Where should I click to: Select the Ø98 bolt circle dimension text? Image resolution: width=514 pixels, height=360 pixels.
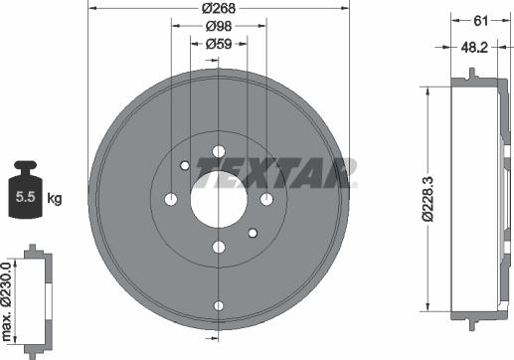[219, 27]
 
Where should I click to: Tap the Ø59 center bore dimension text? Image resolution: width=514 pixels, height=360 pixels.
[219, 44]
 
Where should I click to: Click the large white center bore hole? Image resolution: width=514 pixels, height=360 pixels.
[218, 199]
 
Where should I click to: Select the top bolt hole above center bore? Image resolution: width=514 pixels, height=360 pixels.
[218, 151]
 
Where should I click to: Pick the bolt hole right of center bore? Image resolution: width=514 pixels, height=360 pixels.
[265, 199]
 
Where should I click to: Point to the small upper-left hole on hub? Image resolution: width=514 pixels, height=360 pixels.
[184, 166]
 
